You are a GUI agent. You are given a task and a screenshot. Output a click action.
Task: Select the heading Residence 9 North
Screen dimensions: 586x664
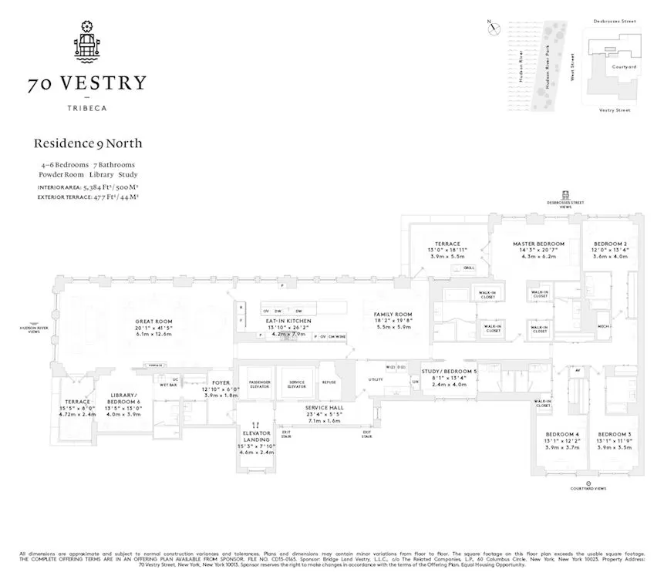pyautogui.click(x=88, y=143)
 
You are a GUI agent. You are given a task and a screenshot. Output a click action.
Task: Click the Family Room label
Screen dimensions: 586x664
pyautogui.click(x=393, y=315)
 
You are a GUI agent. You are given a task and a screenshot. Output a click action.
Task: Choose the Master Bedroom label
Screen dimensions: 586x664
pyautogui.click(x=538, y=244)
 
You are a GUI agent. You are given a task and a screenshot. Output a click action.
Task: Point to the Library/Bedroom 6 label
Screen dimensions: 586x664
pyautogui.click(x=123, y=398)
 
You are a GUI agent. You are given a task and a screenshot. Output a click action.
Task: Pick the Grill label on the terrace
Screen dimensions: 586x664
pyautogui.click(x=469, y=268)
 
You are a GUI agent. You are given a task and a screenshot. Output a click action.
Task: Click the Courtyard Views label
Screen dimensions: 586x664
pyautogui.click(x=588, y=487)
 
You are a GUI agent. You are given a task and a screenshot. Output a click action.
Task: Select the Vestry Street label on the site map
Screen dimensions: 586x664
pyautogui.click(x=615, y=110)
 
